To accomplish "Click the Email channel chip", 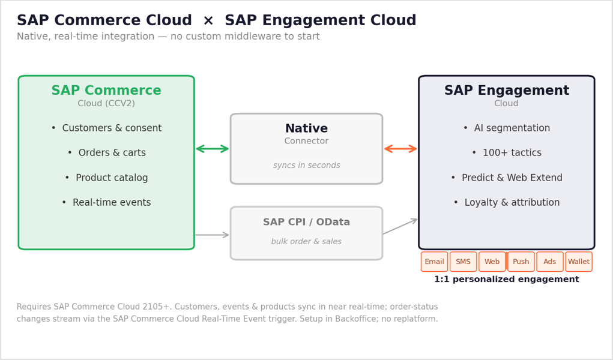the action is click(x=434, y=262).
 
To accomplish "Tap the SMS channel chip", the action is click(x=464, y=262).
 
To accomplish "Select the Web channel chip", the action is click(x=492, y=262).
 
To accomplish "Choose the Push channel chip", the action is click(x=521, y=262).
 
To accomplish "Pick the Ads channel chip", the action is click(x=550, y=262).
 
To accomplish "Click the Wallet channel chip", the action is click(x=579, y=262).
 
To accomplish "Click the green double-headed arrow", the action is click(x=213, y=149).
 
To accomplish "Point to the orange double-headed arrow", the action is click(x=400, y=149).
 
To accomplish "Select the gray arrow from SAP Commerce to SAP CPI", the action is click(x=212, y=235).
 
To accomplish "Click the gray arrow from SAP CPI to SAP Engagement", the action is click(x=400, y=226).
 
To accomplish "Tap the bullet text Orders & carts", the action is click(x=112, y=152).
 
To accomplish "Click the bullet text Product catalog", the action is click(x=112, y=178).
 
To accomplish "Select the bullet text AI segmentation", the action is click(x=512, y=128).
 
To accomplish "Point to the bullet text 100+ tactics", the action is click(x=512, y=152).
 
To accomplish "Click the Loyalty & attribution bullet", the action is click(x=512, y=202).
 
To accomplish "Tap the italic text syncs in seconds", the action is click(x=306, y=166).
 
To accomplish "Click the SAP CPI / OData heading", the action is click(x=306, y=222).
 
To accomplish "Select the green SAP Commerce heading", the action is click(x=106, y=90).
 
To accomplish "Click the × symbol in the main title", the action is click(x=208, y=20).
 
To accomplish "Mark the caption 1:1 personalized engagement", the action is click(x=507, y=279).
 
